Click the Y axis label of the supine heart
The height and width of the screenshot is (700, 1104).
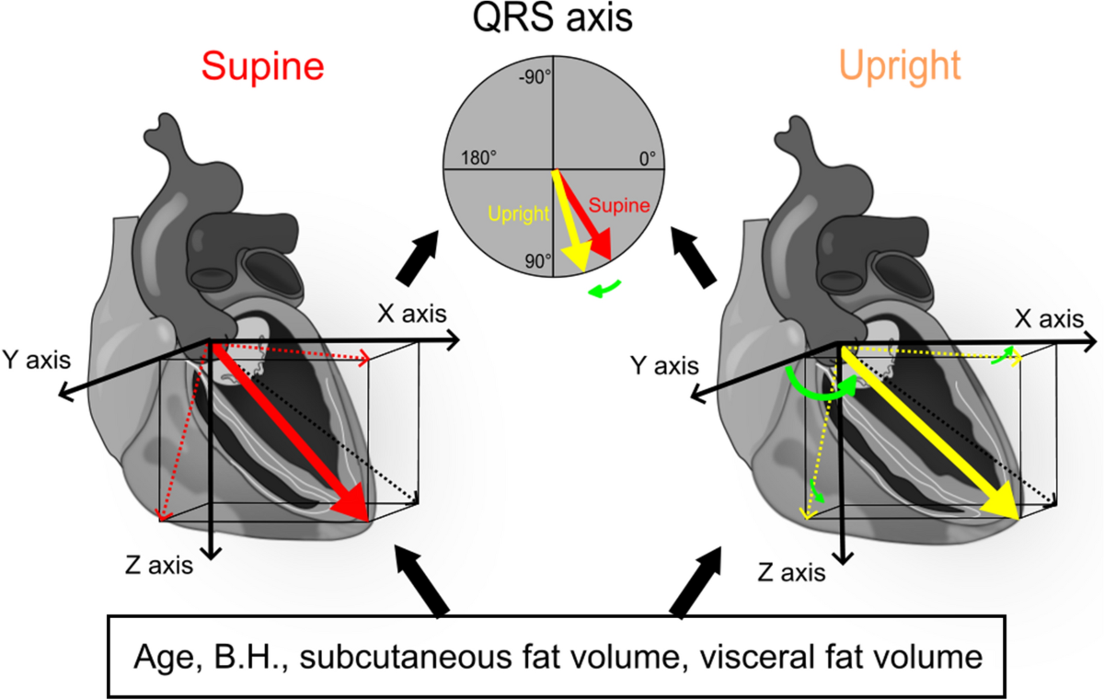[x=35, y=357]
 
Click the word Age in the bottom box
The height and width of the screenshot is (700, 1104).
[x=162, y=658]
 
